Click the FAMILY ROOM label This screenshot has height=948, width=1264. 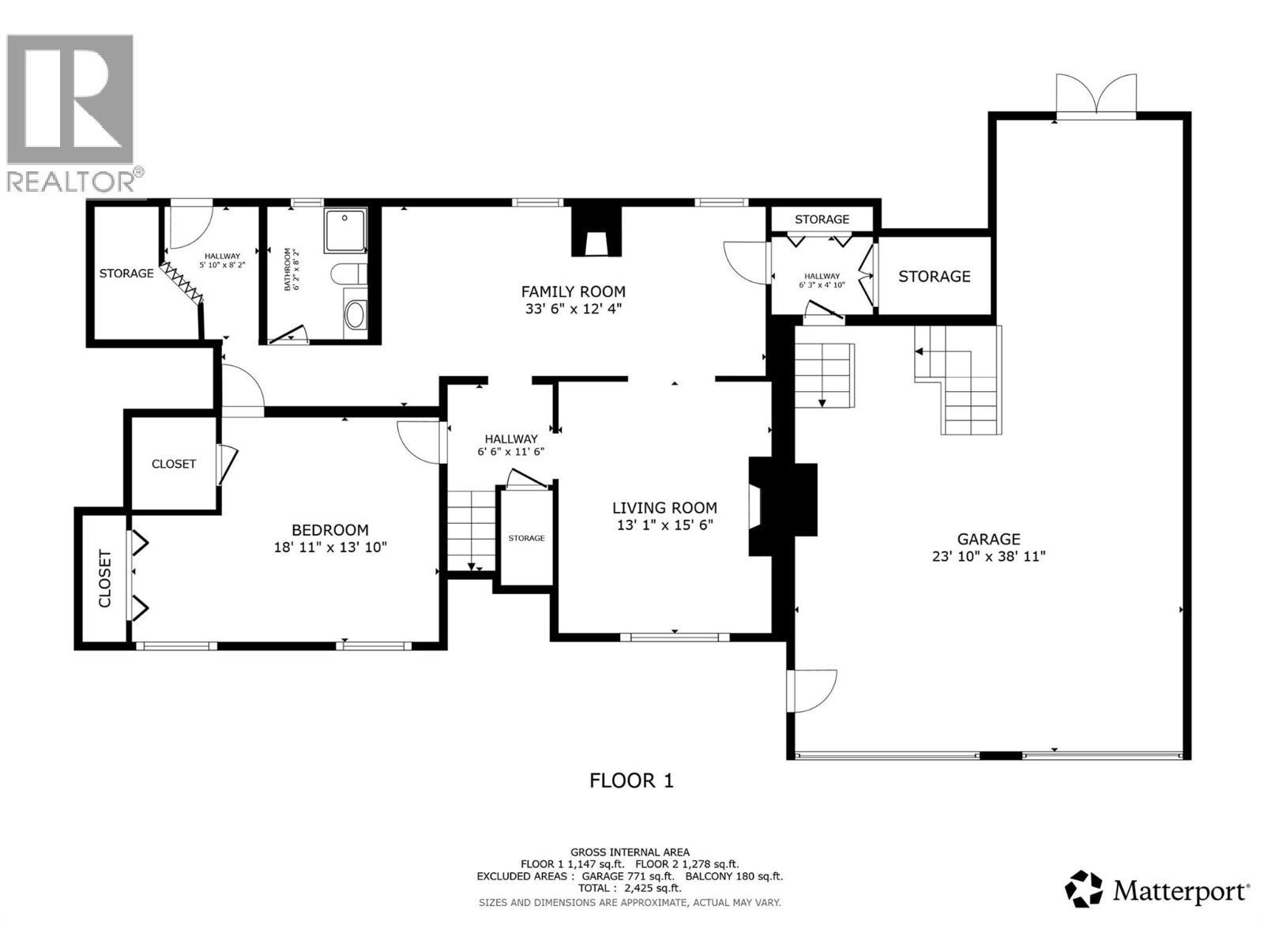tap(574, 292)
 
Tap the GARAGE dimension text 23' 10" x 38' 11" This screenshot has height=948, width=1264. tap(988, 556)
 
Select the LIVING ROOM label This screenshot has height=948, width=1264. tap(664, 508)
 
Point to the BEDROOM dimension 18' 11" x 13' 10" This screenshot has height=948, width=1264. tap(330, 547)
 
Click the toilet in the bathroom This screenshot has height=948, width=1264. tap(348, 274)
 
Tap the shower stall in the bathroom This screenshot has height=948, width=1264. tap(345, 230)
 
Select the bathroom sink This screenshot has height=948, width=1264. tap(355, 314)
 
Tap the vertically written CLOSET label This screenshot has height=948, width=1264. tap(105, 578)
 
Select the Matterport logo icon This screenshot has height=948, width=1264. tap(1084, 890)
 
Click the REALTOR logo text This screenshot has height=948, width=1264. tap(73, 181)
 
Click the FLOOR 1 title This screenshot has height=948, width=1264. tap(631, 781)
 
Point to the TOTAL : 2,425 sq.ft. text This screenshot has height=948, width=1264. tap(630, 889)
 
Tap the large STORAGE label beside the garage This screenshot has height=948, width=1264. tap(934, 276)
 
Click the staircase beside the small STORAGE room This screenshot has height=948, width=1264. tap(472, 529)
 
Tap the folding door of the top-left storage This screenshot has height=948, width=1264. tap(182, 283)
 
